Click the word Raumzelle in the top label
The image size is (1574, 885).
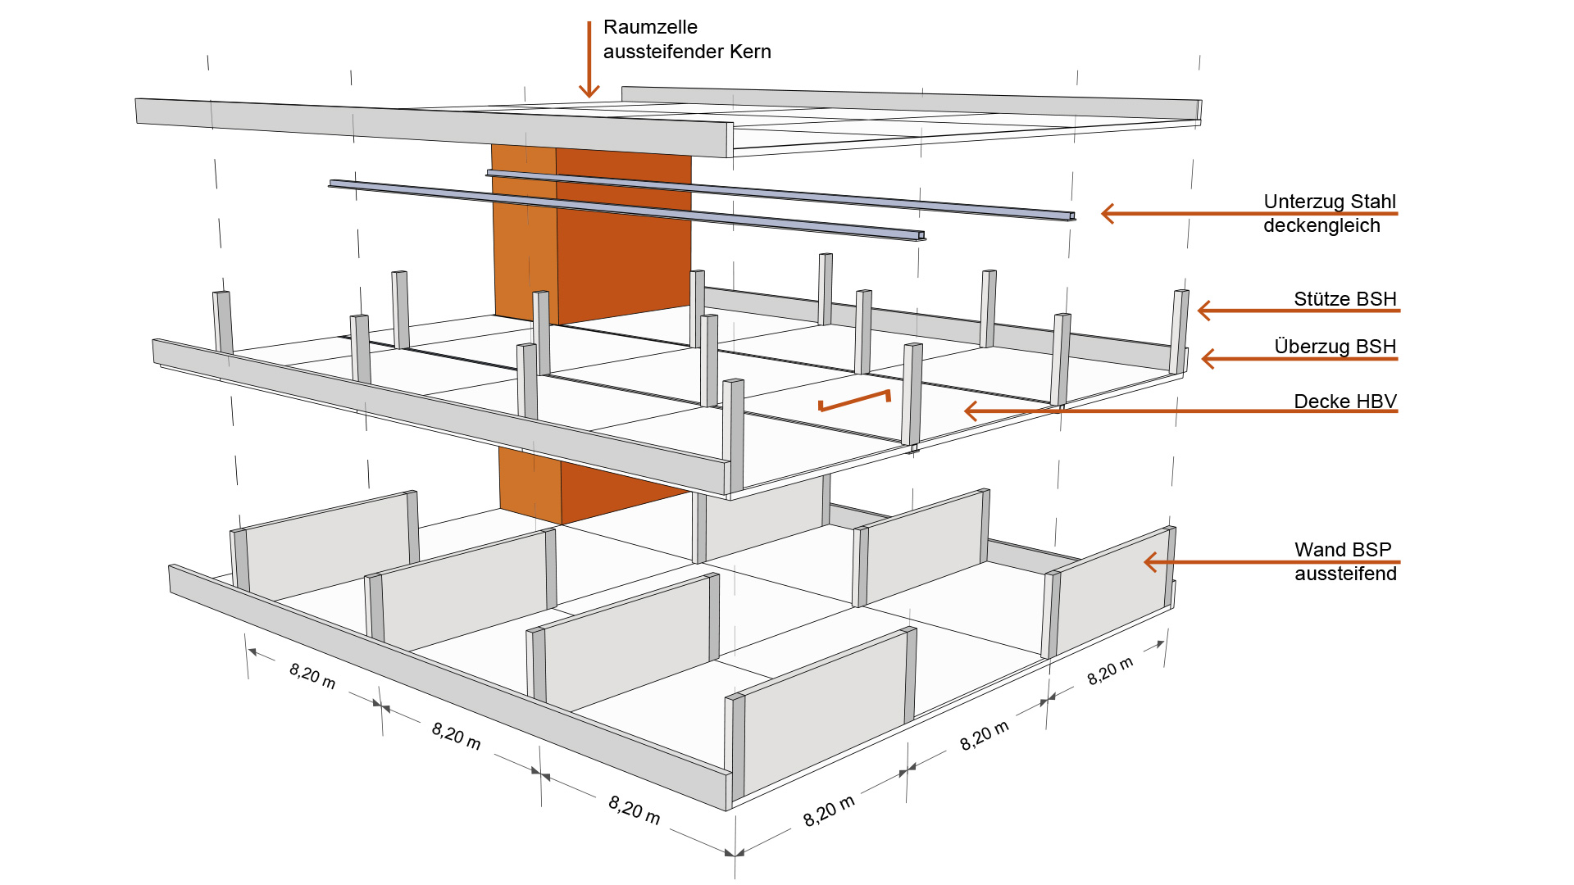click(x=650, y=27)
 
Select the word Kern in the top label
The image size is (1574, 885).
click(x=750, y=52)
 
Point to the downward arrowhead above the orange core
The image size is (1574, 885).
click(x=589, y=90)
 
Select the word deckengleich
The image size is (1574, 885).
click(x=1322, y=226)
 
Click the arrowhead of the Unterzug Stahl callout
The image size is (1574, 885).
click(x=1107, y=214)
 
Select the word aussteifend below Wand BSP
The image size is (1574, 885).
click(x=1345, y=574)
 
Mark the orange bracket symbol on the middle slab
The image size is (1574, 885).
click(x=854, y=401)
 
